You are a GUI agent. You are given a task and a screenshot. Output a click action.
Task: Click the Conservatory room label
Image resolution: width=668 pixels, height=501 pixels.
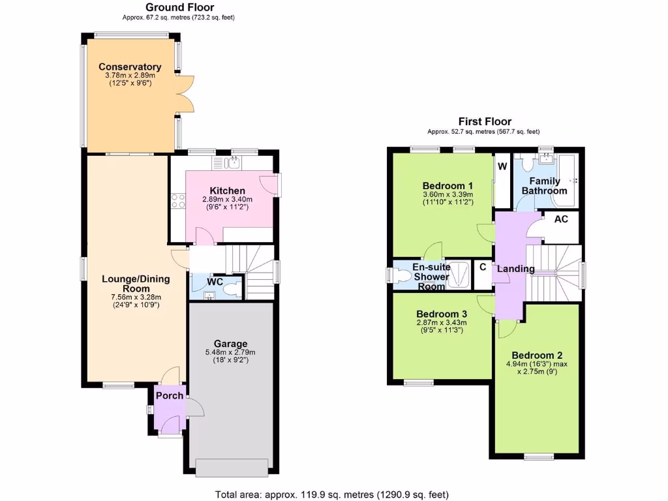(x=130, y=67)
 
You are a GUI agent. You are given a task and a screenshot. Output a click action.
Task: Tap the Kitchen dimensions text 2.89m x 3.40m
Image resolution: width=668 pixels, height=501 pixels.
(x=227, y=200)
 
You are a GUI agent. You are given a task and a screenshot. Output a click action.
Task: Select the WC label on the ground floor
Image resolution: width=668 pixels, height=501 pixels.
(x=215, y=282)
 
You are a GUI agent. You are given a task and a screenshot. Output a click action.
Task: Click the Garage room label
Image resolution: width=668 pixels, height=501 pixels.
(x=230, y=344)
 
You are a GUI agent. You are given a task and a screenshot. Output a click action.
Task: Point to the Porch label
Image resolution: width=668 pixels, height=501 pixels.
(x=169, y=395)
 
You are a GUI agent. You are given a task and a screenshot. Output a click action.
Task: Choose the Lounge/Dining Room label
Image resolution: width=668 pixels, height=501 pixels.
(x=136, y=284)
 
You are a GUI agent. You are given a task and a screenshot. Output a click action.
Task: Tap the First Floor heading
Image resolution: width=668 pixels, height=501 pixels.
(x=485, y=121)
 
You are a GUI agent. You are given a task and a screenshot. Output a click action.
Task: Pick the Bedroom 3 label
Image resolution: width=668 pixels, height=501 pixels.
(x=441, y=312)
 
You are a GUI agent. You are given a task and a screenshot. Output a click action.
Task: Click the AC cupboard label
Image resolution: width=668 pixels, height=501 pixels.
(x=561, y=219)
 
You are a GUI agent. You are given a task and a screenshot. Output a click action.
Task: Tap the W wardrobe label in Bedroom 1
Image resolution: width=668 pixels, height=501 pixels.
(x=502, y=166)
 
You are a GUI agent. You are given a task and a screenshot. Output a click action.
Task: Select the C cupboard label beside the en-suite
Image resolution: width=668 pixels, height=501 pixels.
(x=483, y=266)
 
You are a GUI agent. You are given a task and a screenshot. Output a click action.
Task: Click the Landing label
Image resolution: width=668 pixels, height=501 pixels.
(x=516, y=269)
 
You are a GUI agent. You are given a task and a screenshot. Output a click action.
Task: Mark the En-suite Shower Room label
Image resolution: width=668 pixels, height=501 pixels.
(x=431, y=277)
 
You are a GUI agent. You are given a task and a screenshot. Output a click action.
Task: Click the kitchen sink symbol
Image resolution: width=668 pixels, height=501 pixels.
(x=232, y=162)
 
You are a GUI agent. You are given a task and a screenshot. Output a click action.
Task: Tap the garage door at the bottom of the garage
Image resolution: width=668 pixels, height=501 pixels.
(x=231, y=467)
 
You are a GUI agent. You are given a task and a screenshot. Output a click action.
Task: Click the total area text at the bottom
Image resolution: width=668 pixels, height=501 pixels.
(x=331, y=494)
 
